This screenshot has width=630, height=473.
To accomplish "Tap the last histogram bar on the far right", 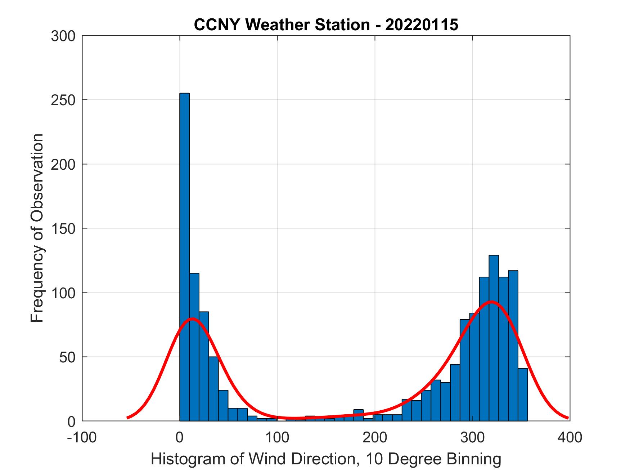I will tap(523, 394).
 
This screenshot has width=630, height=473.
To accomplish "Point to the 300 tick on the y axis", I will tap(63, 36).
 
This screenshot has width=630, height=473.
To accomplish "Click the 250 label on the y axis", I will tap(63, 100).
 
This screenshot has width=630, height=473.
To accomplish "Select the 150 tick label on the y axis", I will tap(63, 228).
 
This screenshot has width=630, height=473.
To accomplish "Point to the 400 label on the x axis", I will tap(570, 437).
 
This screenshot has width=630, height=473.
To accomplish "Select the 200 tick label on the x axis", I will tap(375, 437).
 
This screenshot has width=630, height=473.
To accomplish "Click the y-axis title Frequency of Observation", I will tap(37, 228).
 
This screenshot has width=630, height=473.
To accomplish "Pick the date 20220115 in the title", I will tap(422, 25).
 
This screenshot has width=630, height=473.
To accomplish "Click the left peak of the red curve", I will tap(192, 318).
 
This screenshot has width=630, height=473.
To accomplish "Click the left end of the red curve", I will tap(128, 418).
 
